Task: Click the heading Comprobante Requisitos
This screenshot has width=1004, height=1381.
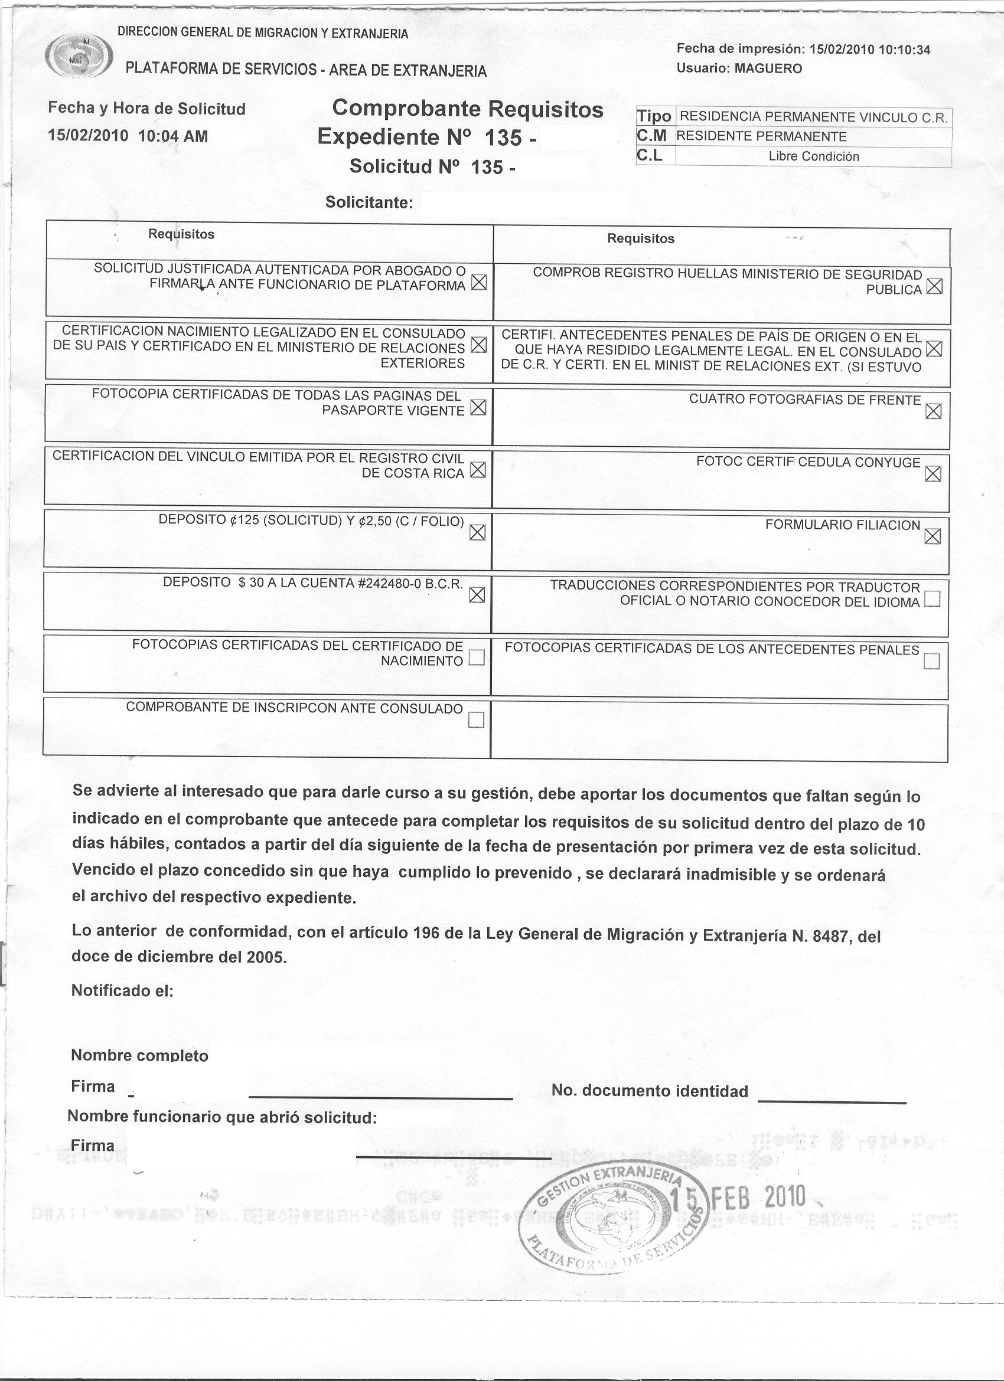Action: (467, 110)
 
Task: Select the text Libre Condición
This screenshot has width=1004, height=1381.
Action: (813, 156)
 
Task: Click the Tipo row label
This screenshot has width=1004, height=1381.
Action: (654, 116)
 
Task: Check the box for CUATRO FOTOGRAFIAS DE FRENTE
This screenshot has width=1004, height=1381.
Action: (933, 411)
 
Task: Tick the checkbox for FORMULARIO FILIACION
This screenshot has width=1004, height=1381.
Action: (932, 536)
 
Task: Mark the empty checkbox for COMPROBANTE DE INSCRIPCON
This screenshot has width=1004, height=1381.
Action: (476, 721)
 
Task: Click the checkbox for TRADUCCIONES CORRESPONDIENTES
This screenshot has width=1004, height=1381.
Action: (931, 600)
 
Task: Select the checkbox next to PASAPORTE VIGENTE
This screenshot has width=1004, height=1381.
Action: (478, 408)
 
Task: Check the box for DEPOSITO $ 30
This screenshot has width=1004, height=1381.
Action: (477, 595)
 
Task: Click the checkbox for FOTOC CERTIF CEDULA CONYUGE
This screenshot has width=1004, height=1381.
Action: (932, 474)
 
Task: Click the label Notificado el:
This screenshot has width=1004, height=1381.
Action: (122, 991)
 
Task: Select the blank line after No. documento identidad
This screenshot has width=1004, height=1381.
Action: (832, 1099)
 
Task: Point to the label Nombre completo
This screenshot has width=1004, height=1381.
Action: (139, 1055)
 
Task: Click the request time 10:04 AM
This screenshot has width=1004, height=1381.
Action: (173, 136)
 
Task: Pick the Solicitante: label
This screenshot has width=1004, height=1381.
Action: (369, 202)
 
